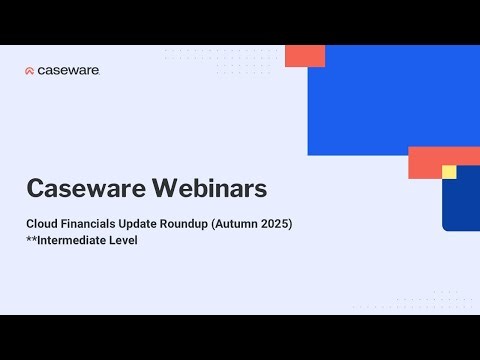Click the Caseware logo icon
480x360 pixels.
coord(30,71)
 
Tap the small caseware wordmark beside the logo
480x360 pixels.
coord(68,71)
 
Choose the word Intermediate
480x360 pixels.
coord(79,241)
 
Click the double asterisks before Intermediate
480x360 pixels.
coord(32,240)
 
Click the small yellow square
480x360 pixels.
coord(449,172)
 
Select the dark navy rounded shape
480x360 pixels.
coord(462,205)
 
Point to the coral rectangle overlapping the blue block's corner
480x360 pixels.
coord(304,56)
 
